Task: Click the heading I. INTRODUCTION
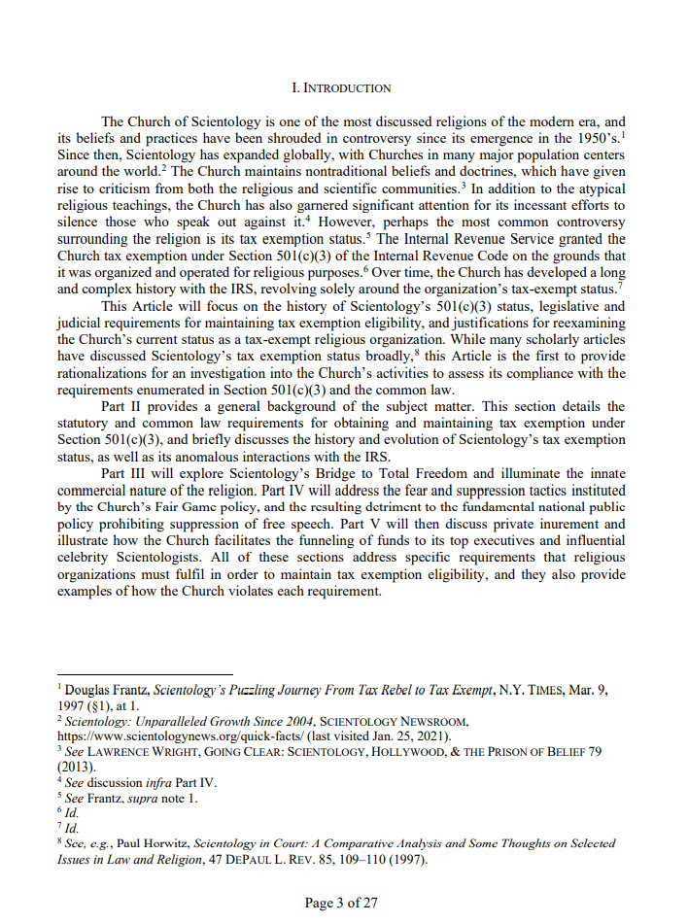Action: click(x=341, y=87)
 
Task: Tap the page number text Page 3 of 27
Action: click(x=341, y=903)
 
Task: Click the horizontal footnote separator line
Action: click(x=145, y=673)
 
